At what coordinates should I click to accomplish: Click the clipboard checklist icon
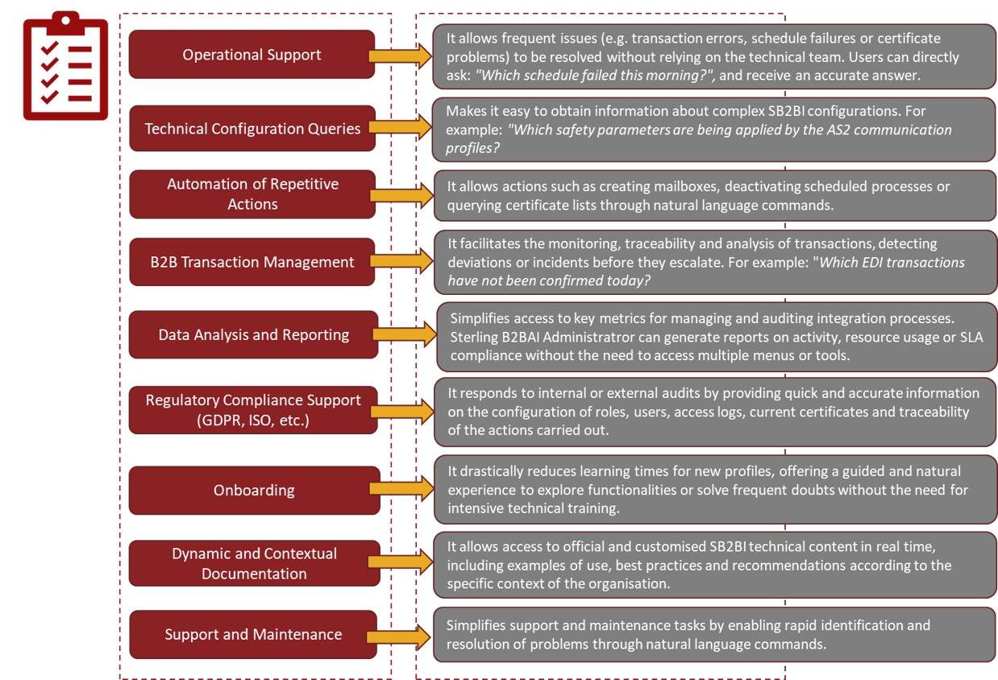tap(65, 65)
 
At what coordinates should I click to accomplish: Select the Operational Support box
tap(252, 54)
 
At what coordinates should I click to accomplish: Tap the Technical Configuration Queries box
tap(252, 128)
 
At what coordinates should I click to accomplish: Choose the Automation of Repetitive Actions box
tap(252, 194)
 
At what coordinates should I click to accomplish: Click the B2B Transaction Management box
tap(252, 262)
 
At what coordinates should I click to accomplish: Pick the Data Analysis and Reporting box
tap(253, 334)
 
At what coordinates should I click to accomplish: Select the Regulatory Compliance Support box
tap(253, 410)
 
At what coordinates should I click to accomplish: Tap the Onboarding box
tap(255, 491)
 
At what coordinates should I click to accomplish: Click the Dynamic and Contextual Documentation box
tap(255, 563)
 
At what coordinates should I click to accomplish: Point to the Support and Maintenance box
tap(253, 634)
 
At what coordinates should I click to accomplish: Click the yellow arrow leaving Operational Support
tap(400, 56)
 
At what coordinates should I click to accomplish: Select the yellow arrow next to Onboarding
tap(401, 488)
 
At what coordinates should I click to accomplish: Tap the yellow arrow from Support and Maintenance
tap(399, 636)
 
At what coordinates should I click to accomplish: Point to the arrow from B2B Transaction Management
tap(401, 261)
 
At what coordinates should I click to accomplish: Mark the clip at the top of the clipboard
tap(65, 23)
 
